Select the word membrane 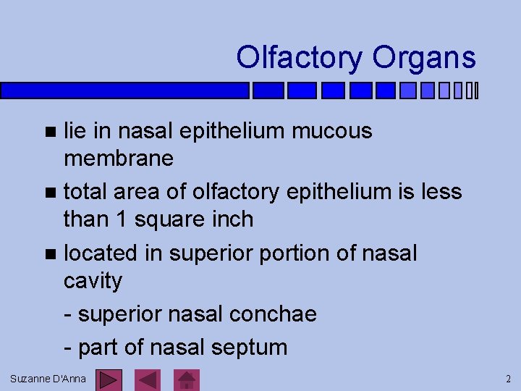point(118,158)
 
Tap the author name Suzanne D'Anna point(48,379)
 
